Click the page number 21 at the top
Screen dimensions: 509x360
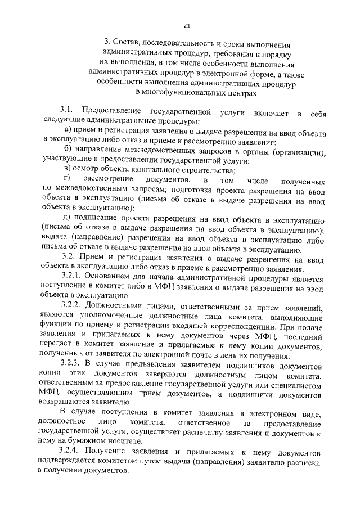tap(187, 24)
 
